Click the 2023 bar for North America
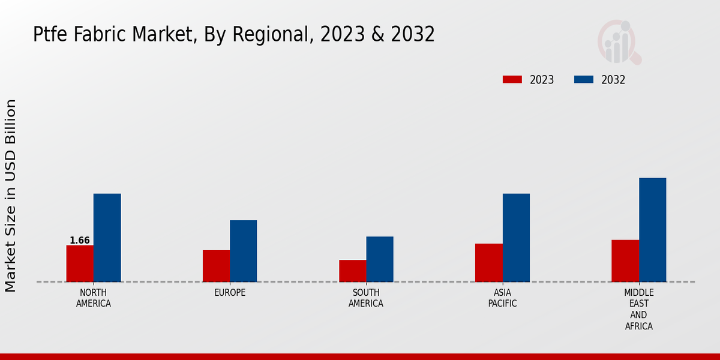click(x=80, y=263)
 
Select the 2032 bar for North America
click(x=107, y=238)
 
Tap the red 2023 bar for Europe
click(x=216, y=266)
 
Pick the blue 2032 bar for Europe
click(x=243, y=251)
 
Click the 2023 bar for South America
click(x=352, y=271)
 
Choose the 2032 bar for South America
click(x=380, y=259)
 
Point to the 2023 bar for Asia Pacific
click(x=488, y=263)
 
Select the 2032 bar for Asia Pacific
click(x=516, y=238)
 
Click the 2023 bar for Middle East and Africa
click(x=625, y=261)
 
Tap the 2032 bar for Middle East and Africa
click(x=652, y=230)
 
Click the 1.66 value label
click(x=80, y=241)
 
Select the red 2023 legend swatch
click(x=512, y=80)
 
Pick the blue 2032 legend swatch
click(x=584, y=80)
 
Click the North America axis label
click(x=94, y=298)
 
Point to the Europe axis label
click(x=230, y=293)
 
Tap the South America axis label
click(x=366, y=298)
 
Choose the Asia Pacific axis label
click(x=502, y=298)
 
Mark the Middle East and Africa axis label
click(x=638, y=310)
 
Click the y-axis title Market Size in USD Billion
click(x=11, y=196)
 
